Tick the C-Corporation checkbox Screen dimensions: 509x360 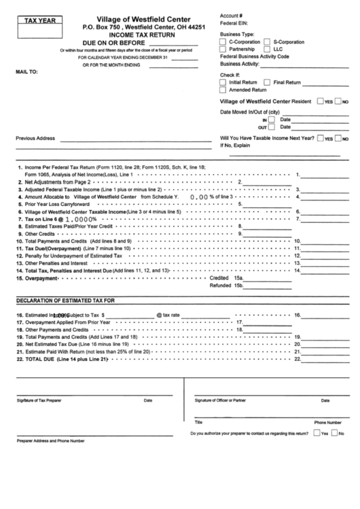[223, 41]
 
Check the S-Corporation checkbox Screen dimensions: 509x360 [268, 41]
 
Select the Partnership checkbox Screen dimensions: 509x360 [223, 50]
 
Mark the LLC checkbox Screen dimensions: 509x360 [268, 50]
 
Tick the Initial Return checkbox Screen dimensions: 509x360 [223, 82]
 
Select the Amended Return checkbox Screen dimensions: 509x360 [223, 90]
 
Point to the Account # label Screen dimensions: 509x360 [232, 15]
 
